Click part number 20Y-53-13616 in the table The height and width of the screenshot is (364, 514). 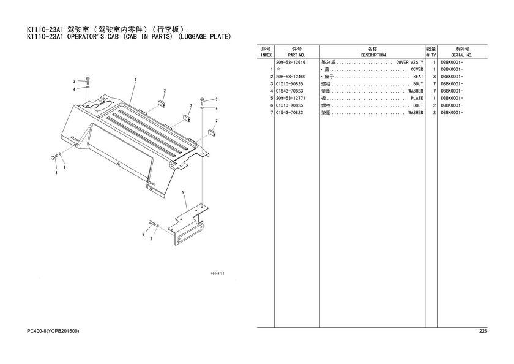pyautogui.click(x=291, y=63)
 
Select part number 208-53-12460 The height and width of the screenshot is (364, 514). pyautogui.click(x=291, y=77)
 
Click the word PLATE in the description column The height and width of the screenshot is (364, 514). pyautogui.click(x=417, y=99)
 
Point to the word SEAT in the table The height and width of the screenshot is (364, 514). pyautogui.click(x=418, y=77)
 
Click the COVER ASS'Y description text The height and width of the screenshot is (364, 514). pyautogui.click(x=409, y=63)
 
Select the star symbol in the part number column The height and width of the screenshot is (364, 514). pyautogui.click(x=278, y=69)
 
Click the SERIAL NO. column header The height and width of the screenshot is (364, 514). pyautogui.click(x=461, y=55)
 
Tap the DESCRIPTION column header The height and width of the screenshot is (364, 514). pyautogui.click(x=373, y=55)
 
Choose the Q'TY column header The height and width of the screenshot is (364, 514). pyautogui.click(x=431, y=55)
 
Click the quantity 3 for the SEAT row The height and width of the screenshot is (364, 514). pyautogui.click(x=434, y=77)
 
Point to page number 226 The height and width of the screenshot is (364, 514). pyautogui.click(x=483, y=331)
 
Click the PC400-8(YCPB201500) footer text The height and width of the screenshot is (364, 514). pyautogui.click(x=53, y=331)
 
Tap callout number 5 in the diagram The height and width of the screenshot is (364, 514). pyautogui.click(x=183, y=192)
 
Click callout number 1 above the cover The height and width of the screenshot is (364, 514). pyautogui.click(x=135, y=80)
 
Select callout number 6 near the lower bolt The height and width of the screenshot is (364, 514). pyautogui.click(x=143, y=234)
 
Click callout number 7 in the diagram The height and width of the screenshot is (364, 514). pyautogui.click(x=151, y=239)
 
